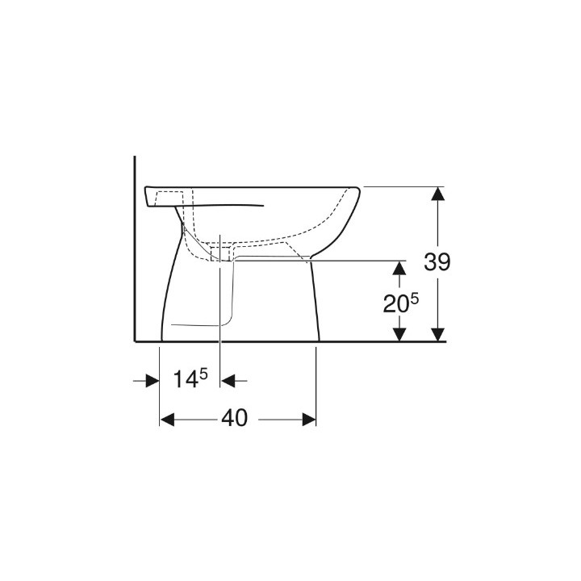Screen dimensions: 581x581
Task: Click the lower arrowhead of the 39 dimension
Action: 437,332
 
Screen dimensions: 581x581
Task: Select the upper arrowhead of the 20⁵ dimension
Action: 399,269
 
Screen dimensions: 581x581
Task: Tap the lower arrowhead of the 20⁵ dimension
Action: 399,332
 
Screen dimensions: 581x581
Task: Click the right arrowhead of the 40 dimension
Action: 307,419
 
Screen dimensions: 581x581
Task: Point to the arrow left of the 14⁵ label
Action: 151,379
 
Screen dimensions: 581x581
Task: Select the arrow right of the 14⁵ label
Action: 229,379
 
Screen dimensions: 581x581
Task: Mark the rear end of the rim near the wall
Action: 144,196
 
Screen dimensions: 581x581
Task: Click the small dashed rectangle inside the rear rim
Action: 169,197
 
